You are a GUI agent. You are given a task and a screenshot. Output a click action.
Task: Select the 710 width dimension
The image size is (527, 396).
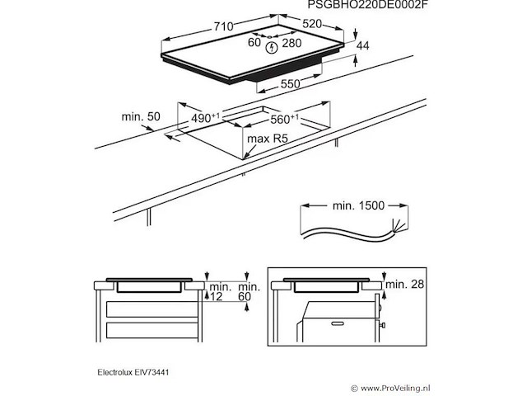coord(223,27)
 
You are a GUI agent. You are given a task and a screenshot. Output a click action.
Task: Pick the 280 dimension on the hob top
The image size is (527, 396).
coord(293,42)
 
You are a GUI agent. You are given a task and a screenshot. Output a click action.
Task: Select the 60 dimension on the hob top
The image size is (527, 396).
coord(254,42)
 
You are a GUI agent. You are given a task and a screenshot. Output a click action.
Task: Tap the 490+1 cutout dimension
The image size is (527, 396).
coord(205,118)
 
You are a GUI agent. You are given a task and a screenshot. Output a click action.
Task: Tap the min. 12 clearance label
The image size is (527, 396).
coord(216,291)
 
